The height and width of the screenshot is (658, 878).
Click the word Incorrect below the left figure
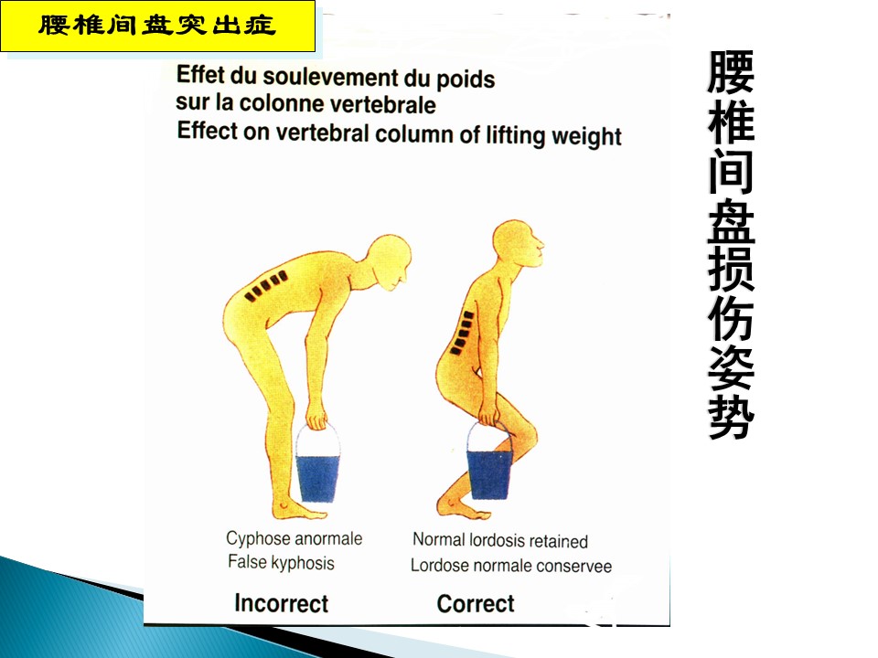(x=281, y=603)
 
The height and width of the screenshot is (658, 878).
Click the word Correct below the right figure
(x=476, y=604)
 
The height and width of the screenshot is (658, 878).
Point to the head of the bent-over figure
(x=390, y=261)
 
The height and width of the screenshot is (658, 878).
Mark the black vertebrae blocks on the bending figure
(x=266, y=285)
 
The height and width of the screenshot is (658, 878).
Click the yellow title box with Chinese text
(x=158, y=26)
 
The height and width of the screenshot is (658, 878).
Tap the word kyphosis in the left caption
(x=303, y=563)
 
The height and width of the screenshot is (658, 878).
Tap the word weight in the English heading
(x=587, y=137)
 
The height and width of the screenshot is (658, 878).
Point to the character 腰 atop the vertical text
(x=731, y=73)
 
